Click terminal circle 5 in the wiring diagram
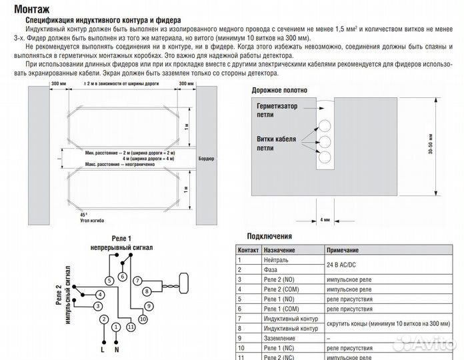click(106, 281)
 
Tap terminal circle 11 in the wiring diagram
click(131, 327)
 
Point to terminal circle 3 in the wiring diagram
click(97, 306)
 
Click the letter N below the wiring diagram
click(117, 349)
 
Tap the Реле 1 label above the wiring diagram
click(121, 239)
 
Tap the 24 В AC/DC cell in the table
click(344, 264)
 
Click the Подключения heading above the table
click(269, 236)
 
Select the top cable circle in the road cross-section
click(325, 125)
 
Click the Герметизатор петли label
click(277, 110)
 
